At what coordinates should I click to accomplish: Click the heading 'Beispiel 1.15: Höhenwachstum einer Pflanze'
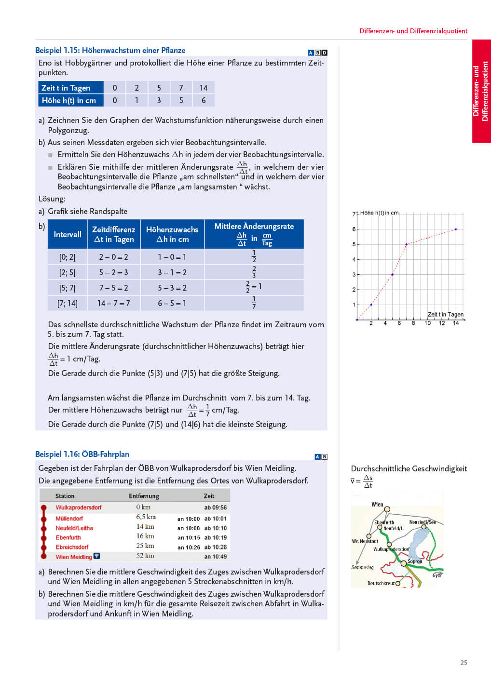[110, 51]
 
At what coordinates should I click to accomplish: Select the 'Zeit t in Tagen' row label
[66, 88]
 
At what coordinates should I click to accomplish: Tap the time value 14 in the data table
[204, 88]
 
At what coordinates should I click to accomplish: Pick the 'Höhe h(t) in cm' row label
[69, 100]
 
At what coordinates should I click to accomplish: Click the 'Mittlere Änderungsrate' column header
[254, 227]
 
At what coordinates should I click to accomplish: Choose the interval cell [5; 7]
[67, 288]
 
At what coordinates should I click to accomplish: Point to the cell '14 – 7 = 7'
[113, 303]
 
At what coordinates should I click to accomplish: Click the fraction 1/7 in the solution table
[254, 303]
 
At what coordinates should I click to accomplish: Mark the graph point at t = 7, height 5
[406, 244]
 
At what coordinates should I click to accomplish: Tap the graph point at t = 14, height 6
[456, 229]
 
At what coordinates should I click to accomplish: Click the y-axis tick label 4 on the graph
[354, 260]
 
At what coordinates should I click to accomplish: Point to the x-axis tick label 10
[427, 323]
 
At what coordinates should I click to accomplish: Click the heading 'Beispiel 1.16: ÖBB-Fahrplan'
[82, 454]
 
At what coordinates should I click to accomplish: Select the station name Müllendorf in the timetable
[69, 519]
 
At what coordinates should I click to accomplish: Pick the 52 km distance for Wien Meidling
[145, 556]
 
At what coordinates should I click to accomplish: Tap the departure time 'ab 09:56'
[215, 507]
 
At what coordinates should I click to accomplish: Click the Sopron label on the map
[415, 561]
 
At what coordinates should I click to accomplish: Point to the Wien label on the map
[377, 505]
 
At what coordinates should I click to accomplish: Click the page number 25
[464, 663]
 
